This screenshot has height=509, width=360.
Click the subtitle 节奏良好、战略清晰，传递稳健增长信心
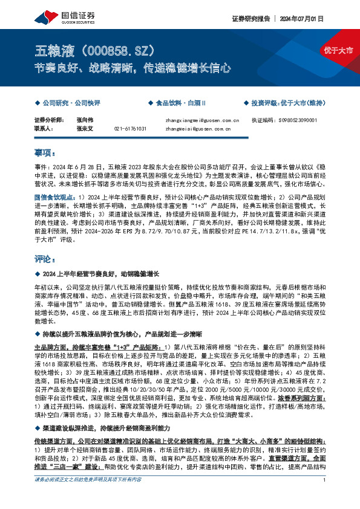coord(132,68)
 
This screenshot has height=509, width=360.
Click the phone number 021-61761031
coord(130,128)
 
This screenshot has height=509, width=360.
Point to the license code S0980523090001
coord(299,120)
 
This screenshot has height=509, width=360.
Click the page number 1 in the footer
coord(325,497)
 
